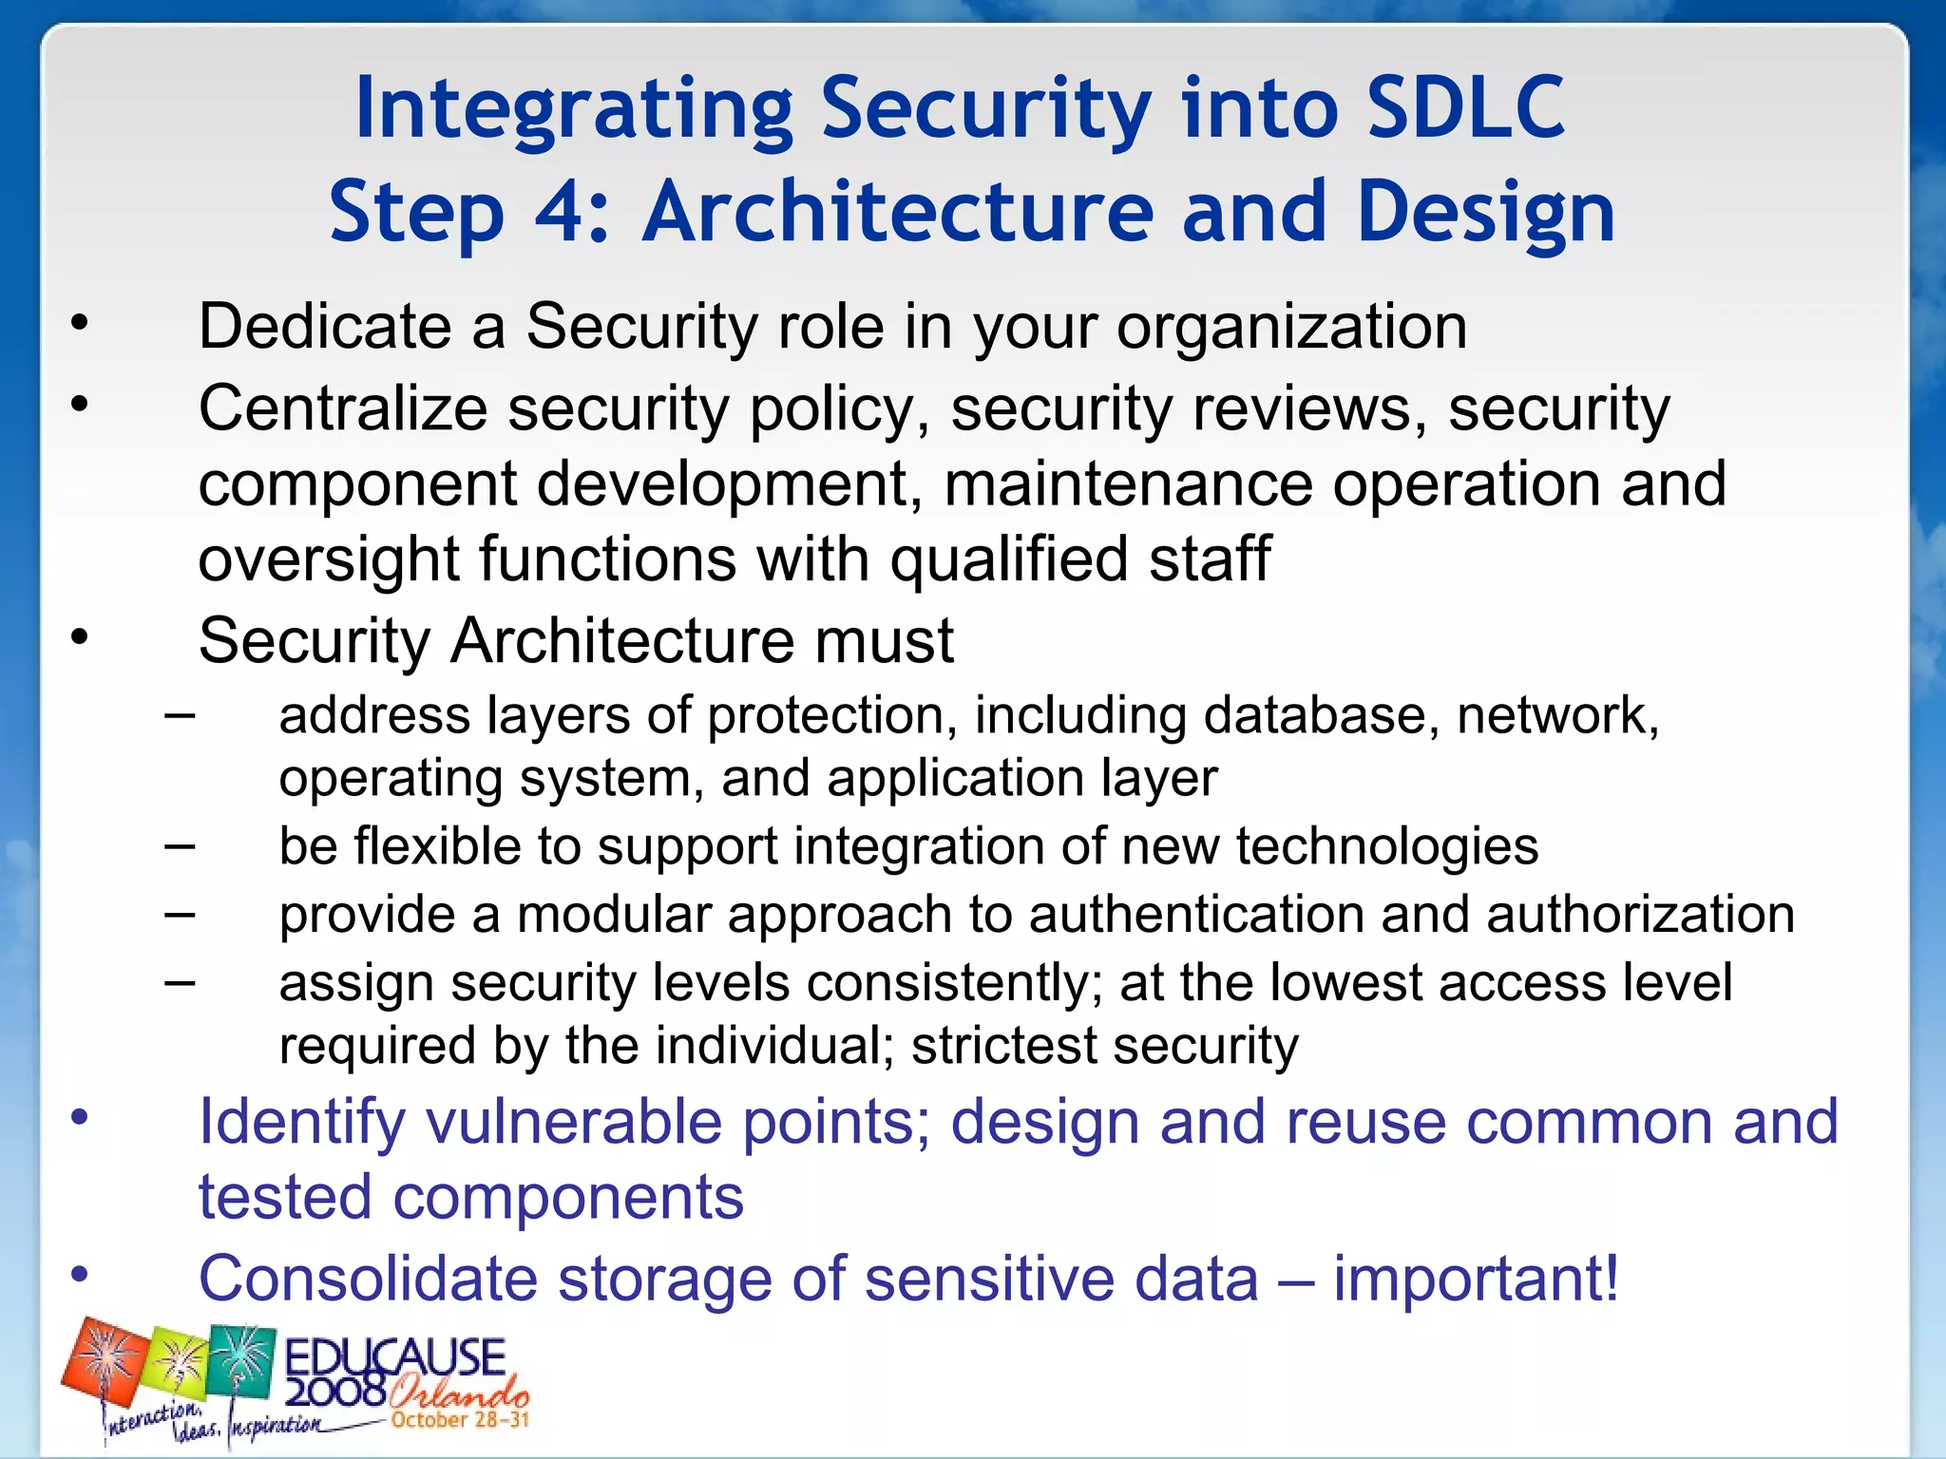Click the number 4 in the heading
pos(564,213)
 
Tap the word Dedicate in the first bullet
pos(324,327)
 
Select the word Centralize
pos(342,408)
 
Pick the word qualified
pos(1010,559)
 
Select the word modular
pos(614,915)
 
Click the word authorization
pos(1640,915)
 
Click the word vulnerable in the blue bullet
pos(573,1122)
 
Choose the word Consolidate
pos(368,1279)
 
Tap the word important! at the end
pos(1476,1279)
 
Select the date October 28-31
pos(459,1420)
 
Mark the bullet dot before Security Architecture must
pos(80,636)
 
